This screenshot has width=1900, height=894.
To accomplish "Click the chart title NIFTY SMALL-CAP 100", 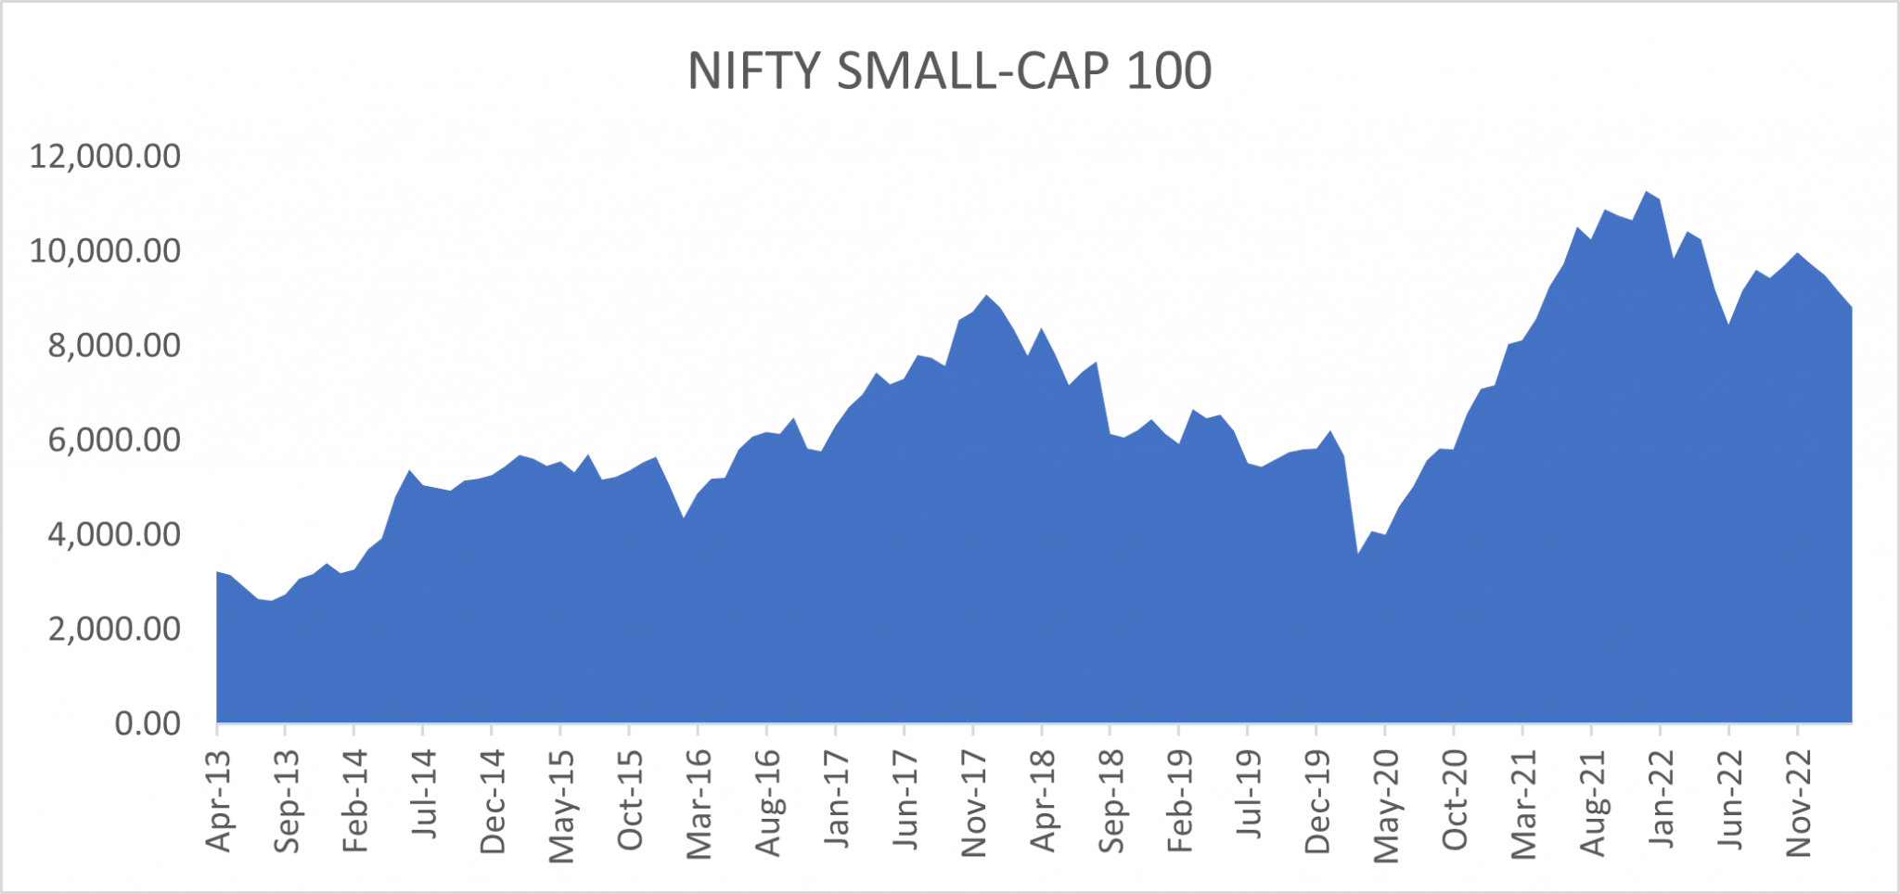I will click(x=949, y=71).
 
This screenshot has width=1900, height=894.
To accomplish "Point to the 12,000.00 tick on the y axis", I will click(x=105, y=156).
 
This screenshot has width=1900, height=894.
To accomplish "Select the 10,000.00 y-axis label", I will click(x=105, y=250).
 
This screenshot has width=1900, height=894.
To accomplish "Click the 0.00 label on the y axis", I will click(x=147, y=723).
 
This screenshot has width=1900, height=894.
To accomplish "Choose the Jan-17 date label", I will click(x=837, y=798).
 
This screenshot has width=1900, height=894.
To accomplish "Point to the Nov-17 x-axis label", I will click(x=973, y=803).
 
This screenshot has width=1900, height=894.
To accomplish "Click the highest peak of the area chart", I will click(x=1646, y=192).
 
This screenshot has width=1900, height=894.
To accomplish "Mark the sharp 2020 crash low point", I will click(x=1358, y=554).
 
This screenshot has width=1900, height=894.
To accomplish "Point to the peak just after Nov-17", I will click(x=987, y=296).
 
